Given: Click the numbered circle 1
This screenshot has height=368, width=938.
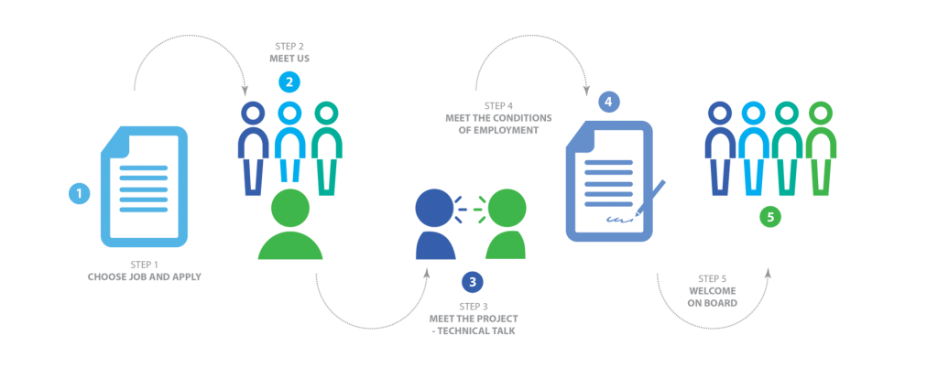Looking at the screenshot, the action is pyautogui.click(x=79, y=193).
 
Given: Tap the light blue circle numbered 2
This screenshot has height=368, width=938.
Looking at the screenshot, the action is pyautogui.click(x=289, y=82).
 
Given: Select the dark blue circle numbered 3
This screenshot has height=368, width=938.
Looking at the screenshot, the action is pyautogui.click(x=472, y=282).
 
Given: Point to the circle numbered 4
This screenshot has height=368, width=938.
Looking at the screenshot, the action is pyautogui.click(x=608, y=103).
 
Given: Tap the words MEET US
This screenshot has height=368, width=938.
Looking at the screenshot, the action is pyautogui.click(x=289, y=59).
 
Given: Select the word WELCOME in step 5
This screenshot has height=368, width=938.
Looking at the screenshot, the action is pyautogui.click(x=713, y=291).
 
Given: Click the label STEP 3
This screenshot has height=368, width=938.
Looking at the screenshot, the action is pyautogui.click(x=473, y=307).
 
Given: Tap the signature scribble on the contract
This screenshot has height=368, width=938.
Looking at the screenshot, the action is pyautogui.click(x=619, y=220).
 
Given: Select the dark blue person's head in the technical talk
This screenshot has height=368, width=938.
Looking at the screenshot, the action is pyautogui.click(x=434, y=208).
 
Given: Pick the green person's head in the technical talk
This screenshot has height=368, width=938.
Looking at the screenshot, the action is pyautogui.click(x=507, y=208).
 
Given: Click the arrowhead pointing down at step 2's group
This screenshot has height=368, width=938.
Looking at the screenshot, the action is pyautogui.click(x=245, y=92).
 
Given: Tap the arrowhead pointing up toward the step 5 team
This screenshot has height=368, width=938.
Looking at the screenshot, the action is pyautogui.click(x=769, y=272).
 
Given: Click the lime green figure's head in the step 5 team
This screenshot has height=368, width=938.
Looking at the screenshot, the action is pyautogui.click(x=821, y=113).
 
